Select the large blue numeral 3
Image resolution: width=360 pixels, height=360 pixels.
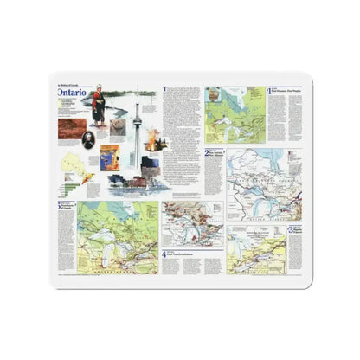(x=292, y=231)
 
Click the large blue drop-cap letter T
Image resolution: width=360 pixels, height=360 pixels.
(x=165, y=89)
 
